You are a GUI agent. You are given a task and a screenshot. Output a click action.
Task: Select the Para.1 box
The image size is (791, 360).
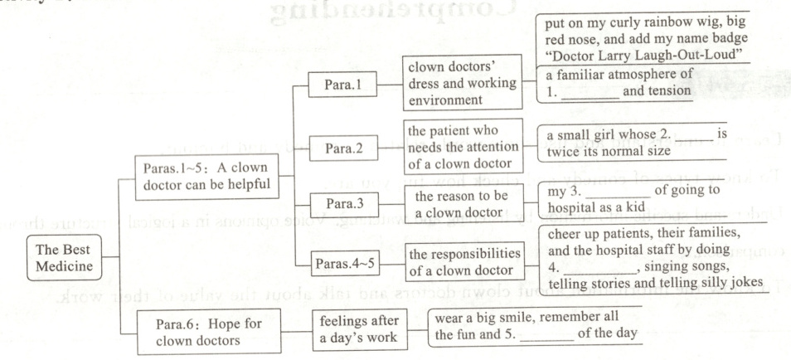(x=342, y=85)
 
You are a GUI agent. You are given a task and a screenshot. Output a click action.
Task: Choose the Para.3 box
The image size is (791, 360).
(x=342, y=202)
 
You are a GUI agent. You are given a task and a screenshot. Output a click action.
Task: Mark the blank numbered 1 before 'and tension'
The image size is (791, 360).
(x=585, y=92)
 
